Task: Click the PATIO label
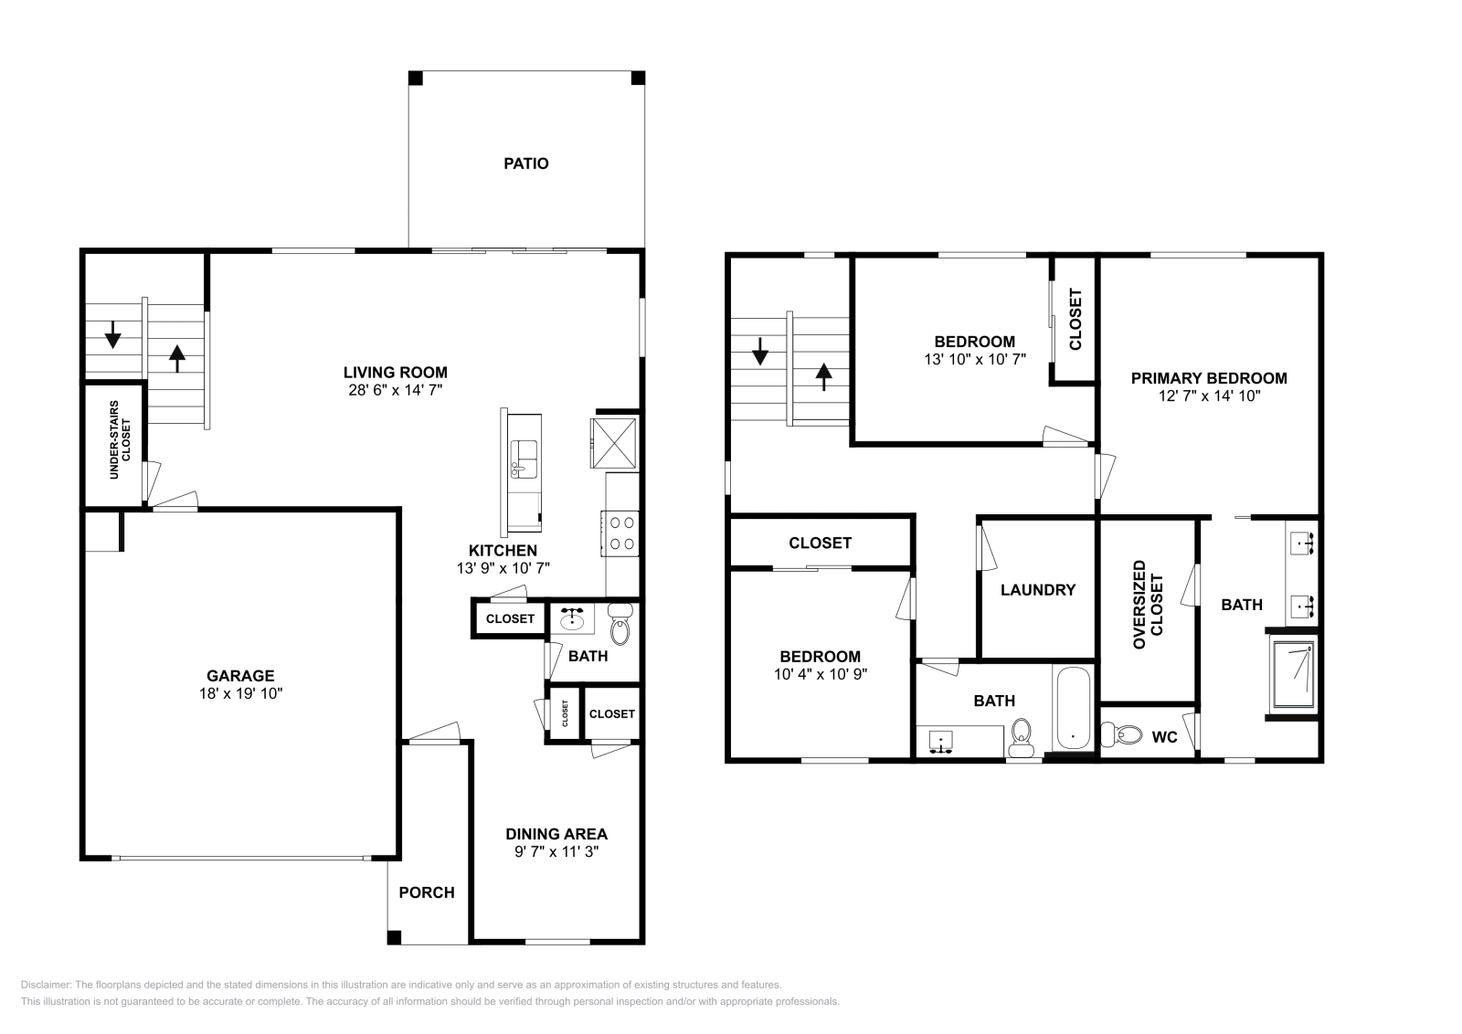click(x=526, y=164)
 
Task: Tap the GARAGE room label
click(x=240, y=676)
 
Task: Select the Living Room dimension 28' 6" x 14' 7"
click(x=396, y=390)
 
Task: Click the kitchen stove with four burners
click(x=620, y=533)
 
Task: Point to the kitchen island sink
click(x=524, y=459)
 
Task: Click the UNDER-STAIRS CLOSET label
click(x=120, y=439)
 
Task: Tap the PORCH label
click(x=427, y=892)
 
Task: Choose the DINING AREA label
click(x=556, y=834)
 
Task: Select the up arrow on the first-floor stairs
click(x=177, y=358)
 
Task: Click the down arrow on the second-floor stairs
click(x=759, y=351)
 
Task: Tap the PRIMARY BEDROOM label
click(x=1209, y=378)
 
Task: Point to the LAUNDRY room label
click(x=1038, y=590)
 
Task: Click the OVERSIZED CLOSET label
click(x=1148, y=605)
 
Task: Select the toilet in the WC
click(x=1120, y=734)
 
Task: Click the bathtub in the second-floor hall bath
click(x=1073, y=709)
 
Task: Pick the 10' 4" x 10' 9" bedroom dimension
click(x=821, y=674)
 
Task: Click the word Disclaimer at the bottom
click(x=46, y=985)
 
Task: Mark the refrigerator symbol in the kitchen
click(x=613, y=443)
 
